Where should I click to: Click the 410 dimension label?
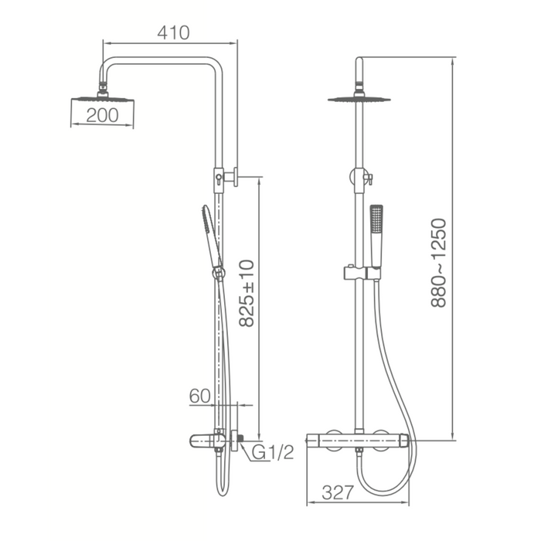[173, 32]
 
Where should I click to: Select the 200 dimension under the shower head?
[102, 115]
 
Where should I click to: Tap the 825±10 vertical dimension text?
[247, 293]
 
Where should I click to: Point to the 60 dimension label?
[199, 396]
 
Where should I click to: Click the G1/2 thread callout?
[273, 452]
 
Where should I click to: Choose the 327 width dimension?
[338, 492]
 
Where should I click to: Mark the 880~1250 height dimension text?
[438, 263]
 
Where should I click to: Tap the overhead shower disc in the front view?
[359, 100]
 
